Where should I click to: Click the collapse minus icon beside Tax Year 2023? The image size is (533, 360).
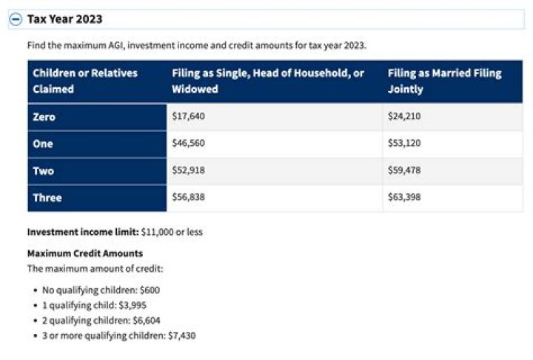click(16, 19)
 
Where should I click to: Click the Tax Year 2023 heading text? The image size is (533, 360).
click(65, 19)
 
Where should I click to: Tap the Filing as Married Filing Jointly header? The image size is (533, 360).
click(444, 81)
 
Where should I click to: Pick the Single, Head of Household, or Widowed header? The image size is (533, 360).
click(268, 81)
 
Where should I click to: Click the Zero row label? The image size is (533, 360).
click(44, 117)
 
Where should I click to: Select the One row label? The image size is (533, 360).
click(43, 144)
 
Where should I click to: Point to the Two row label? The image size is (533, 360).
click(43, 171)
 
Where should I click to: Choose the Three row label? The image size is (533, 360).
click(47, 198)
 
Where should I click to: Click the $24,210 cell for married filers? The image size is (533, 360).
click(404, 117)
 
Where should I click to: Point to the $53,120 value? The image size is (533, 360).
click(404, 144)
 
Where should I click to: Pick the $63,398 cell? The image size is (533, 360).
click(404, 198)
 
